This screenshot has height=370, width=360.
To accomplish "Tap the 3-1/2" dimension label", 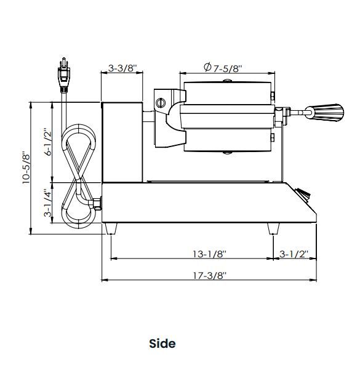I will coord(294,254).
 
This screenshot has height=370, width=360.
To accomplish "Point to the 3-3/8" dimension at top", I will coord(122,68).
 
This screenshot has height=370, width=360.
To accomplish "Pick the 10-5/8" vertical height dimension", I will coord(26,167).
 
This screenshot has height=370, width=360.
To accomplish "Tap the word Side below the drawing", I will coord(162,343).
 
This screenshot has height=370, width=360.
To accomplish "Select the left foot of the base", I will coord(111,228).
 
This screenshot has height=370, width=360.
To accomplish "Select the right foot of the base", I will coord(272,228).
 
